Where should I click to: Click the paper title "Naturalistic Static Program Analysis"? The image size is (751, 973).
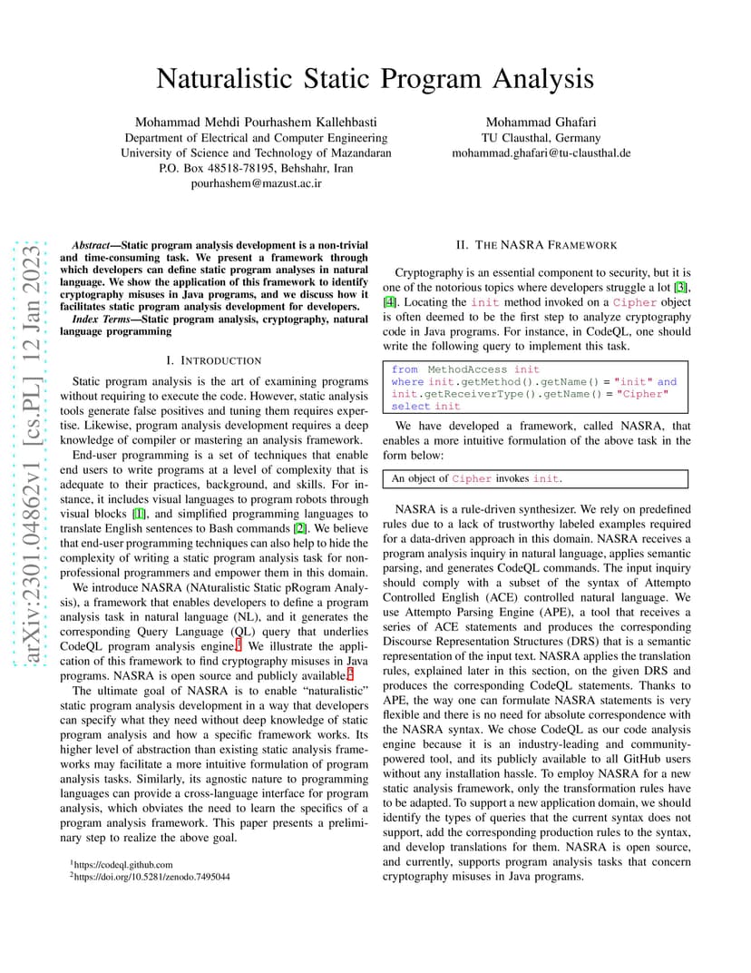click(x=375, y=79)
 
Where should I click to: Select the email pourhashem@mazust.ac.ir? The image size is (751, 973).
click(x=256, y=183)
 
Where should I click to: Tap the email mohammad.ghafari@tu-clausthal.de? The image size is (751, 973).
click(x=541, y=153)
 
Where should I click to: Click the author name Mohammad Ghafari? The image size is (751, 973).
click(x=541, y=123)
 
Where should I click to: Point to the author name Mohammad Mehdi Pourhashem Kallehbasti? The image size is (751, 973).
click(x=256, y=123)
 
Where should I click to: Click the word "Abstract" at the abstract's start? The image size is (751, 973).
click(x=92, y=245)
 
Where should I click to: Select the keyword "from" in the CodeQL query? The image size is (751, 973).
click(x=405, y=369)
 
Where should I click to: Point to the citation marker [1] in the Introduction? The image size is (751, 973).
click(x=140, y=514)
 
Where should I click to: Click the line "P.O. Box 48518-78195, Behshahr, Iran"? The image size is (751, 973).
click(x=256, y=168)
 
